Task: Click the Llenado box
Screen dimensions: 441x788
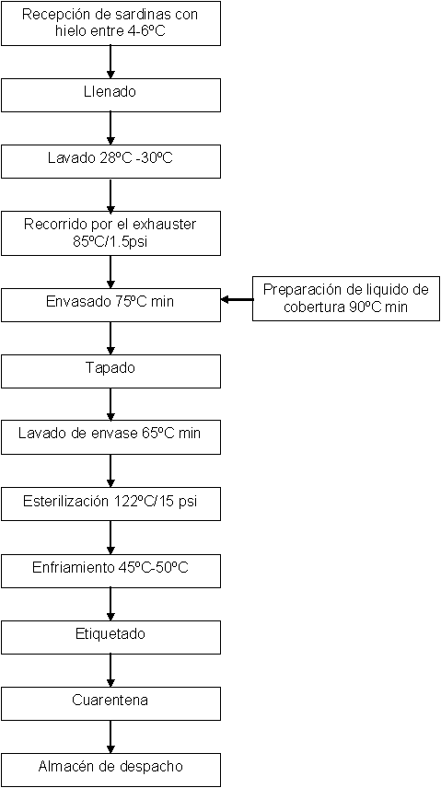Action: click(110, 95)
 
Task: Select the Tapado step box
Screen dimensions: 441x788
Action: click(110, 371)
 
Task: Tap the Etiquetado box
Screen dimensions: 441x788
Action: click(110, 637)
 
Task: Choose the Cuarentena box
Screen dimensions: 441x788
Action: click(110, 703)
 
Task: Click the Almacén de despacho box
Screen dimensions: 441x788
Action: click(110, 770)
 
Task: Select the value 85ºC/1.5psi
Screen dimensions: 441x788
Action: click(110, 242)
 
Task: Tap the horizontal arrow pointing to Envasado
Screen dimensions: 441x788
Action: click(238, 299)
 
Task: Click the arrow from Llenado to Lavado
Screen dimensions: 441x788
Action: click(110, 128)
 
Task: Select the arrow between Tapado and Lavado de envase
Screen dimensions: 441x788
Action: click(110, 404)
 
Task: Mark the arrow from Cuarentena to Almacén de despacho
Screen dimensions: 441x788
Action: click(110, 736)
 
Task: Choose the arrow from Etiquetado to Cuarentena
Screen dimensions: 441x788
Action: click(110, 670)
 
